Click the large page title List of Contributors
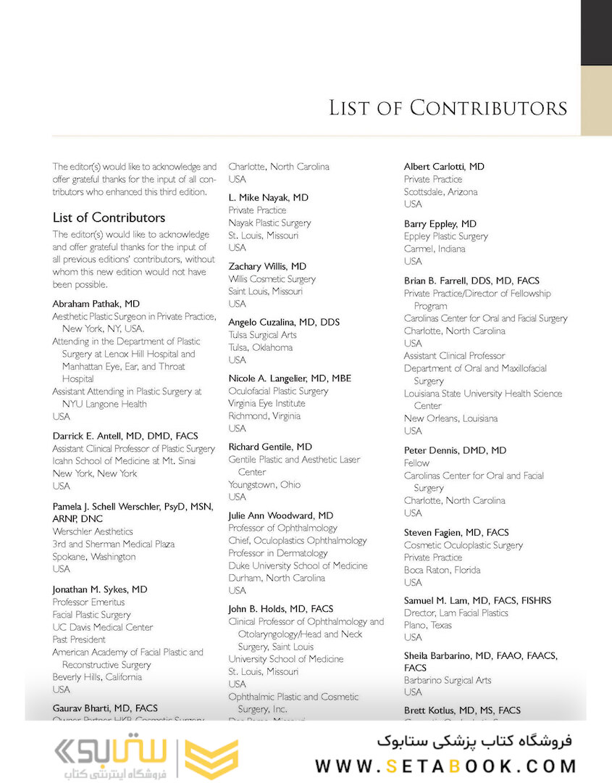(448, 108)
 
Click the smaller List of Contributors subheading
(109, 217)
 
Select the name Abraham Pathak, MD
(96, 304)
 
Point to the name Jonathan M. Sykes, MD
(100, 589)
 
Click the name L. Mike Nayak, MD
(268, 197)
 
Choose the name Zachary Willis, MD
(267, 266)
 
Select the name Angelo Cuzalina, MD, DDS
(284, 322)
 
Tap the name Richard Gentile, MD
(270, 447)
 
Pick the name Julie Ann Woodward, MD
(281, 515)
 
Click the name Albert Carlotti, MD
(444, 167)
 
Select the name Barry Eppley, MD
(440, 224)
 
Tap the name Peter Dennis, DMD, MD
(455, 450)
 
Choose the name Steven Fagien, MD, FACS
(456, 532)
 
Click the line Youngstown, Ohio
(264, 484)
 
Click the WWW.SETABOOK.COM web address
(445, 766)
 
